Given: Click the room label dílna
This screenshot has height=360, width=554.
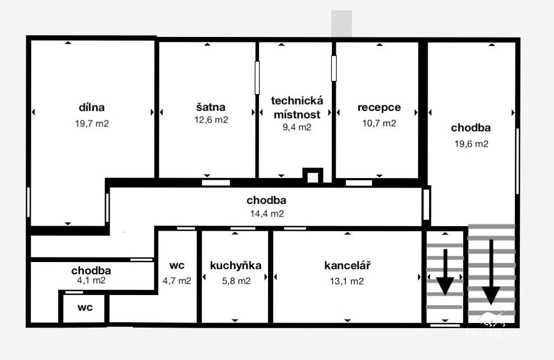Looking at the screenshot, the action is (x=92, y=107).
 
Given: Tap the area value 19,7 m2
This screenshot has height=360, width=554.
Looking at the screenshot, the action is (x=92, y=123).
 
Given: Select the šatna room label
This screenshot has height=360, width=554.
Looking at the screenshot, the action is (x=210, y=107).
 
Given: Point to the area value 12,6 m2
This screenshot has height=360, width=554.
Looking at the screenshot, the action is (x=212, y=120).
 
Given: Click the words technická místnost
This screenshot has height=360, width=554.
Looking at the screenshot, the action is (x=297, y=107).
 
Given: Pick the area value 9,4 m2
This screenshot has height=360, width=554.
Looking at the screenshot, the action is (x=297, y=127).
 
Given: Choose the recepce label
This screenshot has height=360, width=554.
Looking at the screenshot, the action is (x=379, y=107).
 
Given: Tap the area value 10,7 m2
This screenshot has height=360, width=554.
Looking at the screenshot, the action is (x=379, y=123).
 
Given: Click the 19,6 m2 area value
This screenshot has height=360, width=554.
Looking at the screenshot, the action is (x=471, y=144).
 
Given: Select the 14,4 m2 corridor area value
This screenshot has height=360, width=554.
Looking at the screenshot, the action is (x=267, y=214).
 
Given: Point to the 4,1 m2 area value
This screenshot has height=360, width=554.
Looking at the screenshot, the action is (x=91, y=280).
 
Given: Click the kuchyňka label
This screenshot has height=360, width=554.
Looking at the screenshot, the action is (x=236, y=265).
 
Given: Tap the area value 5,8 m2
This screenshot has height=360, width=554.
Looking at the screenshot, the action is (x=236, y=281).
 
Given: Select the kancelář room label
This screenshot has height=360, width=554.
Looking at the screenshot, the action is (x=348, y=265).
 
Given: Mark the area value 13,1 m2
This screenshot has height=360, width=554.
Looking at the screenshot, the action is (x=346, y=281).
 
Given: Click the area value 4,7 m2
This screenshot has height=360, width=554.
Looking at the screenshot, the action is (x=177, y=281).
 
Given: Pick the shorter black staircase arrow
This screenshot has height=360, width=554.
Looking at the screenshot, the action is (x=445, y=272).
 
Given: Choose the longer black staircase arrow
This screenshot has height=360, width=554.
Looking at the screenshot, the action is (x=491, y=272).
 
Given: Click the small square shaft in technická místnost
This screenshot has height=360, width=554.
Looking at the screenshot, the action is (x=313, y=175).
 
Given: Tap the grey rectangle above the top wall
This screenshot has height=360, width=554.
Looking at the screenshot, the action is (x=341, y=24).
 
